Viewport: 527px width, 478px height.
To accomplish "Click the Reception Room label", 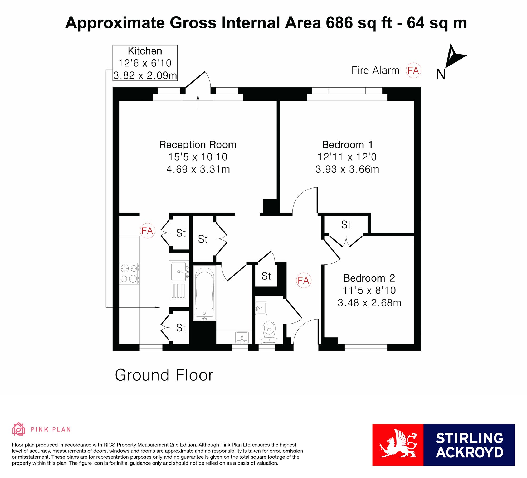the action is (x=198, y=145).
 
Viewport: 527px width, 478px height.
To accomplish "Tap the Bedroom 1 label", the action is (x=347, y=145).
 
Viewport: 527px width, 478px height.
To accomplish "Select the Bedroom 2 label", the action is (x=369, y=278).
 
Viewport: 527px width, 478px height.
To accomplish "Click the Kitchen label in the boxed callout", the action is (x=145, y=51).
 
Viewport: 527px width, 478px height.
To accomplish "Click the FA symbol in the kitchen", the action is (x=147, y=231).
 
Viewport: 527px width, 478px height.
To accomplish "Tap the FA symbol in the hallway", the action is (x=304, y=280).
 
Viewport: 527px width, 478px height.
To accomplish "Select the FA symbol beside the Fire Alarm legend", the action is (x=413, y=70).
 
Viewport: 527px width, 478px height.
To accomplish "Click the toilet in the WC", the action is (x=269, y=332).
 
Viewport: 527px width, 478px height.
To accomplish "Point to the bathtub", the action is (x=204, y=293).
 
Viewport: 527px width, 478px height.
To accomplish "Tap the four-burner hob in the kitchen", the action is (x=129, y=274).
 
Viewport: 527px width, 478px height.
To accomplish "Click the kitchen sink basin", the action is (x=179, y=271).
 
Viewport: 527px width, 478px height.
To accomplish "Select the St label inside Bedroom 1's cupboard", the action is (x=346, y=225).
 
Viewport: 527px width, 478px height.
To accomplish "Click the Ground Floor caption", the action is (x=164, y=375).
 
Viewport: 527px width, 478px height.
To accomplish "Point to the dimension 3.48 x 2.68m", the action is (x=369, y=303).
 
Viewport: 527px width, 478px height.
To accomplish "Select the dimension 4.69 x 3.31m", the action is (x=198, y=169).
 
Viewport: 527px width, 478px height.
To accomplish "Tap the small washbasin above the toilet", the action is (x=261, y=308).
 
